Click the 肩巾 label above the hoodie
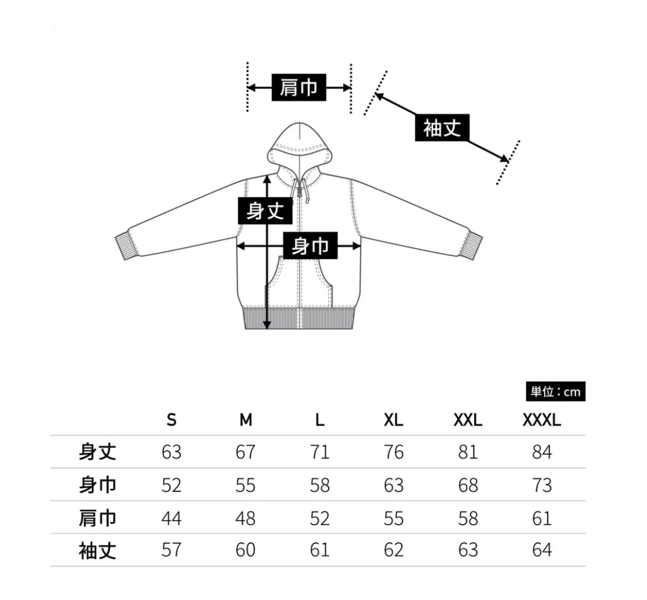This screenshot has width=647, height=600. pos(298,87)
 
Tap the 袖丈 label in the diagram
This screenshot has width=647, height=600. pos(442,127)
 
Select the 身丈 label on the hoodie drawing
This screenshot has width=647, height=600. pos(265,211)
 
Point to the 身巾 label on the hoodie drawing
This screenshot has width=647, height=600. pos(310,246)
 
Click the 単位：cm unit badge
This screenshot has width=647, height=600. pos(556,391)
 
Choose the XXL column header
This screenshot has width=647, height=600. pos(468,420)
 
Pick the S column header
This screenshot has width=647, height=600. pos(171,420)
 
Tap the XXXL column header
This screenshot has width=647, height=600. pos(542,420)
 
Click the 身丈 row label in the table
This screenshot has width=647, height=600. pos(97,452)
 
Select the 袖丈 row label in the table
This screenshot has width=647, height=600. pos(97,551)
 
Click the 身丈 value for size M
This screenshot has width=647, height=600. pos(246,452)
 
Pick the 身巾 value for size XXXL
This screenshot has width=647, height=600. pos(542,485)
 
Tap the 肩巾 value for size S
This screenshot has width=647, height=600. pos(171,518)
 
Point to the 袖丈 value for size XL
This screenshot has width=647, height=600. pos(394,550)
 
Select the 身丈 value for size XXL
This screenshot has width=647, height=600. pos(468,452)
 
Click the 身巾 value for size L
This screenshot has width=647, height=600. pos(320,485)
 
